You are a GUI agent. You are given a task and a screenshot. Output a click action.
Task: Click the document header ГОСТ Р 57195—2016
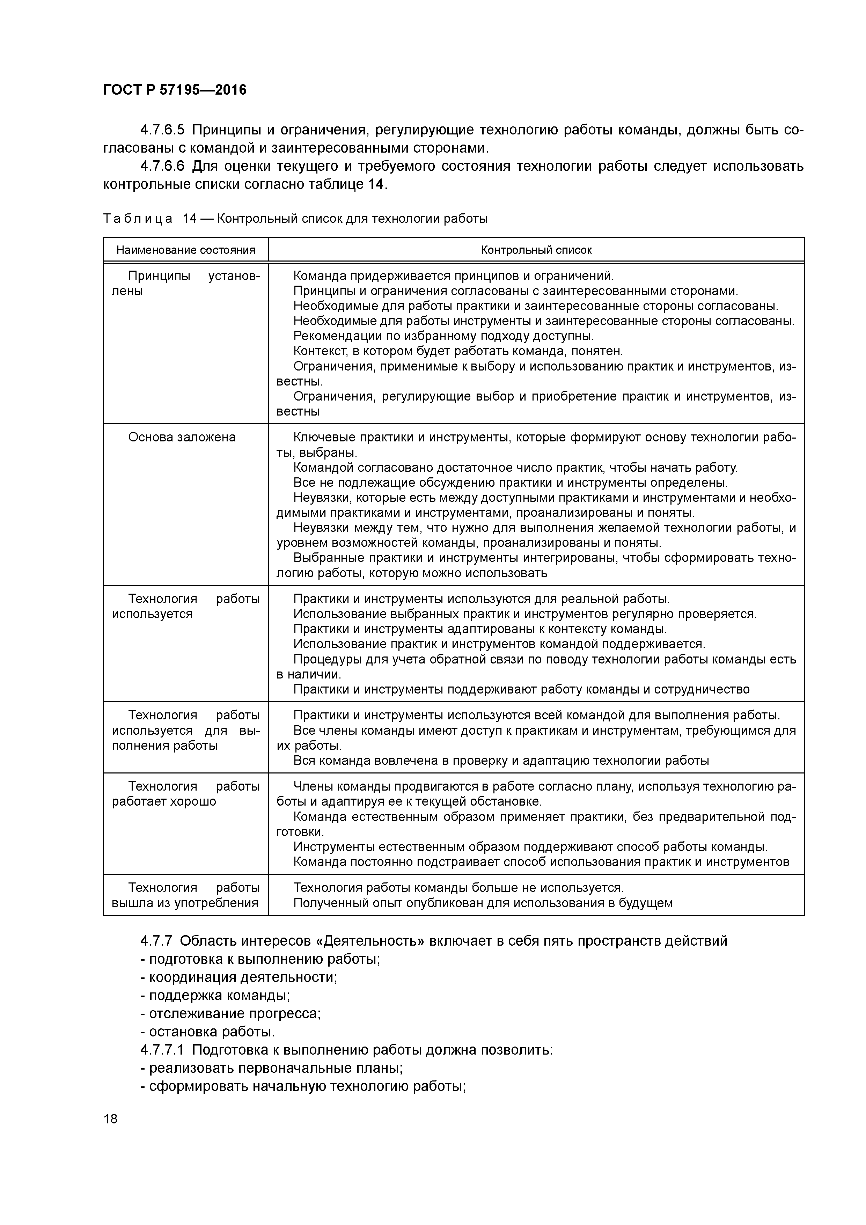[x=175, y=90]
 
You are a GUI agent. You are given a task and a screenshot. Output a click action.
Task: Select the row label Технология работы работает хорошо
[x=186, y=793]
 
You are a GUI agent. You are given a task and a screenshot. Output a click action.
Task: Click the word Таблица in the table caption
[x=138, y=219]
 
